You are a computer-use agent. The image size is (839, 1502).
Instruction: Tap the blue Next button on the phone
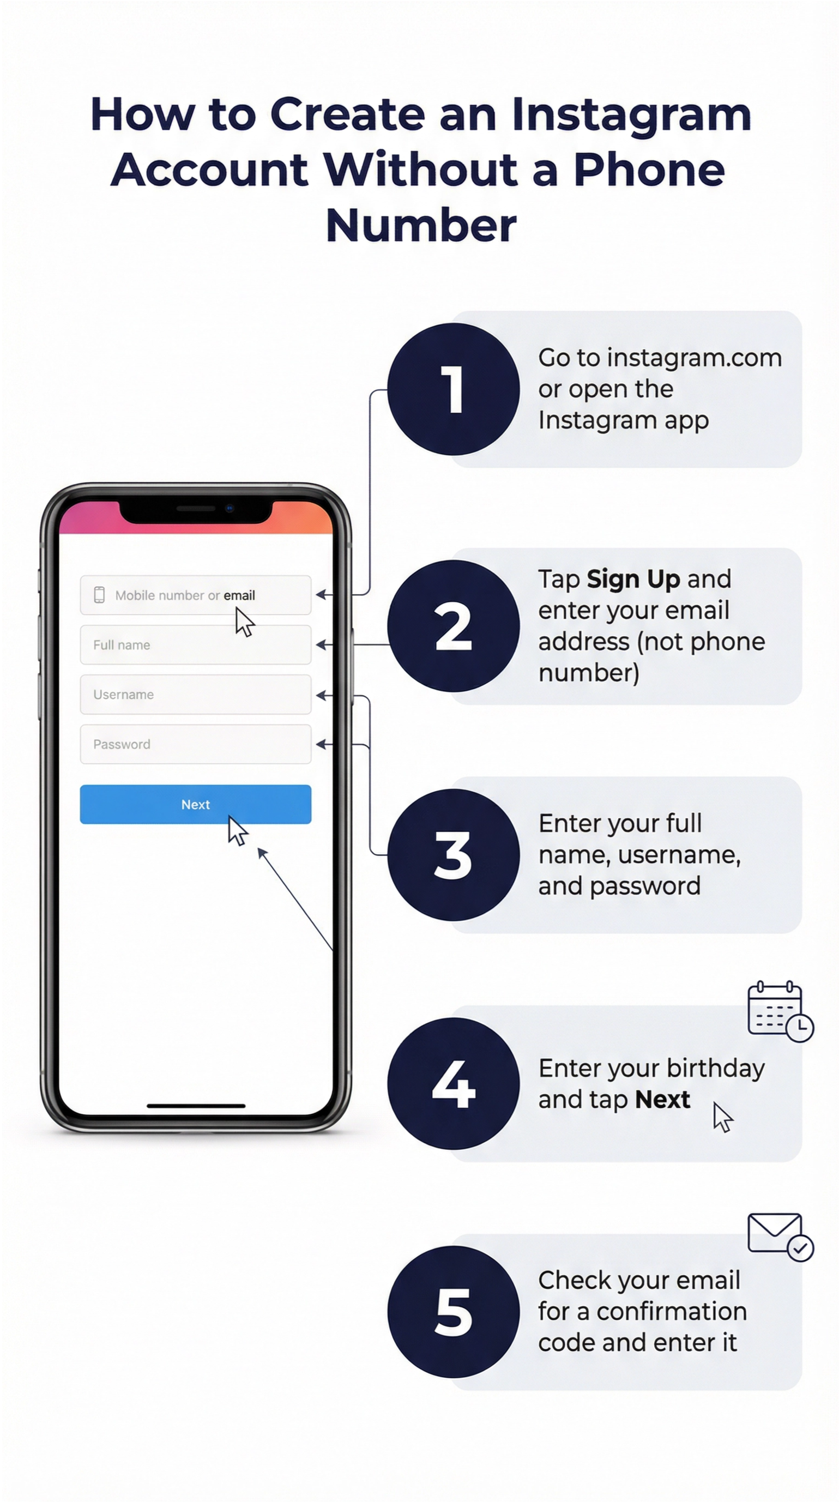(x=195, y=804)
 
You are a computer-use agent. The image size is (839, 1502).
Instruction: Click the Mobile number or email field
(x=195, y=595)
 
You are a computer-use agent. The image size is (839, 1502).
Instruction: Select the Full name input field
(x=195, y=644)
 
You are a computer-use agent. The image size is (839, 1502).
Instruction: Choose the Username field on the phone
(x=195, y=694)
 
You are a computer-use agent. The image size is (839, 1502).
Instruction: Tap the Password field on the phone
(x=195, y=744)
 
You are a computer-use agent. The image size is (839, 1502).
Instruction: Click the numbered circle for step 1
(x=453, y=389)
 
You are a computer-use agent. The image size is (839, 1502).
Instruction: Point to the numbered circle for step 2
(x=453, y=626)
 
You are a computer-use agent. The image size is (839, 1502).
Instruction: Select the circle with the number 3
(x=453, y=855)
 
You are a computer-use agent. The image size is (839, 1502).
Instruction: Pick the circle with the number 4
(x=453, y=1083)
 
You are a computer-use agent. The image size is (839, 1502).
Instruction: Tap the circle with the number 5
(x=453, y=1312)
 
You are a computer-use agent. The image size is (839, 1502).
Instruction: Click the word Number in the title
(x=421, y=225)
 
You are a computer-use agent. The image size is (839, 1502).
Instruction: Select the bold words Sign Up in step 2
(x=633, y=579)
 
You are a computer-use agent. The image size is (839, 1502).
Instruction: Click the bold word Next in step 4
(x=662, y=1099)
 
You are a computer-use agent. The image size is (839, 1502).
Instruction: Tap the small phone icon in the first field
(x=99, y=595)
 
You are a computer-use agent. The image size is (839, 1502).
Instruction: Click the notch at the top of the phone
(x=195, y=510)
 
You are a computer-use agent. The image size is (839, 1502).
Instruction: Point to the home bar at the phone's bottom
(x=195, y=1106)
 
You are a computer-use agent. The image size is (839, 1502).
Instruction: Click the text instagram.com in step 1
(x=694, y=358)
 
